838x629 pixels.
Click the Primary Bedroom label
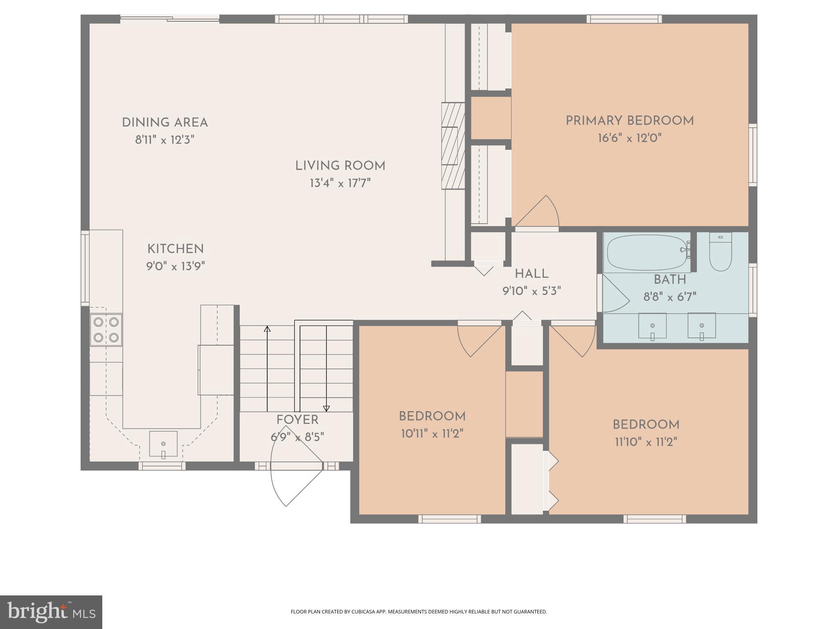tap(629, 121)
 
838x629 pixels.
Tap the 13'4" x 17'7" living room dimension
tap(340, 183)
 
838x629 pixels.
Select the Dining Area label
tap(165, 122)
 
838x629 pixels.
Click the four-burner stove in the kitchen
tap(106, 330)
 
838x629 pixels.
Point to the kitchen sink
tap(163, 444)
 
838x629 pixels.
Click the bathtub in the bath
tap(647, 253)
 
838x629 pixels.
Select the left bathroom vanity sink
tap(652, 326)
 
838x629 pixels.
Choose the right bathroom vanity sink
tap(701, 326)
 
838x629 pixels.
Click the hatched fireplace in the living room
tap(453, 146)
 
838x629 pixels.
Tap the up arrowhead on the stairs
tap(267, 329)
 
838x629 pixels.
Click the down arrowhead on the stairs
tap(326, 408)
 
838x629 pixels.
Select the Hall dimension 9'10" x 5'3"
tap(532, 291)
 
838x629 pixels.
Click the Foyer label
tap(297, 420)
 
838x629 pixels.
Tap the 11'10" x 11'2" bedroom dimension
tap(646, 442)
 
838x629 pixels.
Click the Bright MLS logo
tap(51, 612)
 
